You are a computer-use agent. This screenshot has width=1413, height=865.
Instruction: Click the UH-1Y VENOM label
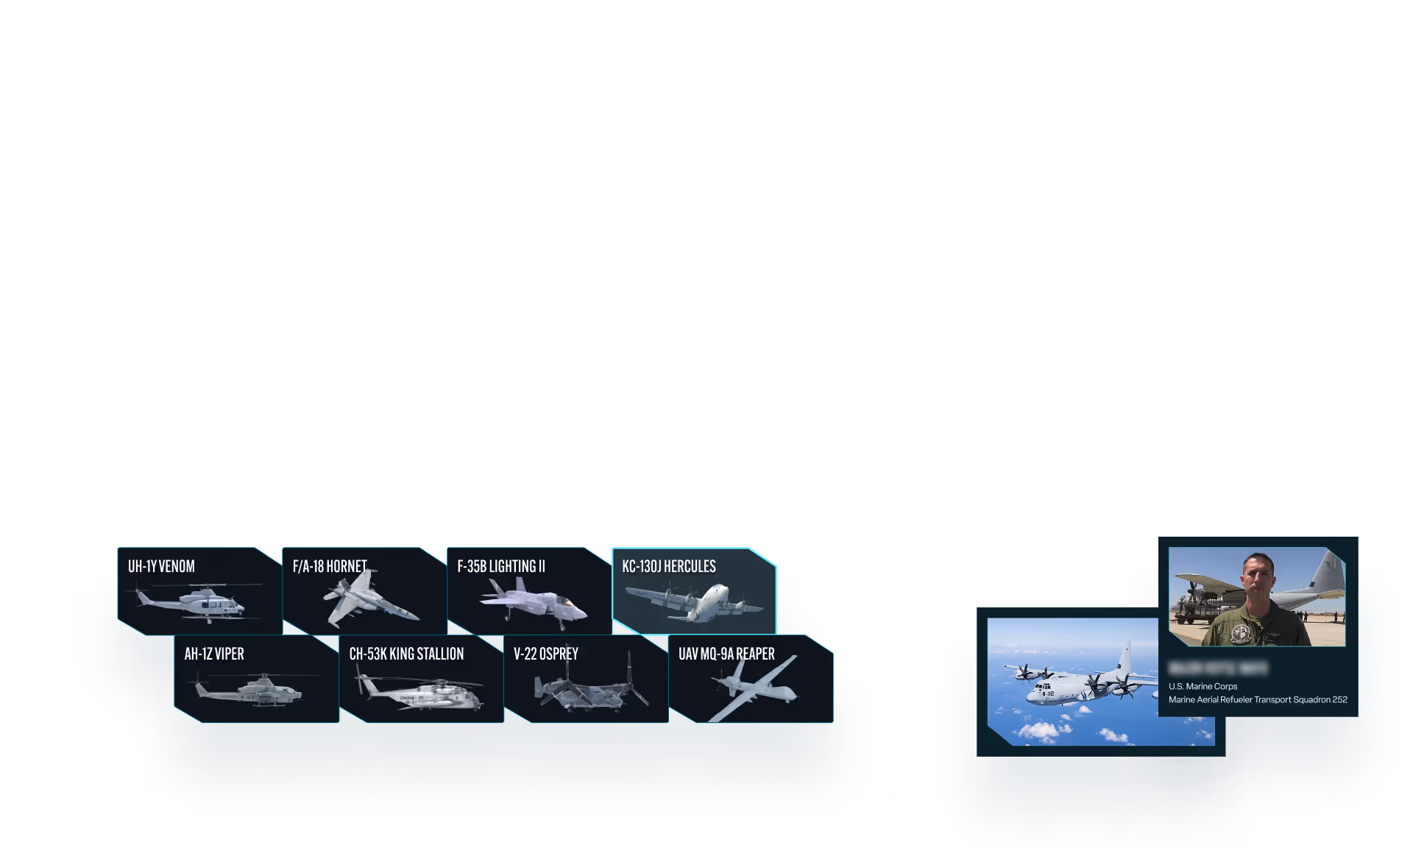point(161,566)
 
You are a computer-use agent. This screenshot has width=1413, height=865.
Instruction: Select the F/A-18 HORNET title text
point(330,566)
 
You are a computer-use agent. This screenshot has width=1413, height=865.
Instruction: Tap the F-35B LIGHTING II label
point(501,566)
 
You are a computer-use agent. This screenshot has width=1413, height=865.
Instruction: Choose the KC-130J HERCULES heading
point(668,566)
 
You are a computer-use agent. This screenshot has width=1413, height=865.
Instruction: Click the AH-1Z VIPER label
point(214,654)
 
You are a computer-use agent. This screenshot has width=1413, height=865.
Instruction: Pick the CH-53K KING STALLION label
point(406,654)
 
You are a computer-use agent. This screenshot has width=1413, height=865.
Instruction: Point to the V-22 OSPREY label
point(546,654)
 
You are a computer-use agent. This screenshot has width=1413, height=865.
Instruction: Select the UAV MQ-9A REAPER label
point(726,654)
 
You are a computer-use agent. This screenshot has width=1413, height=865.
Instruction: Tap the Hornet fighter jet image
point(368,600)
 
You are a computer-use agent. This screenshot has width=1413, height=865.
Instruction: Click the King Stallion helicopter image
point(419,693)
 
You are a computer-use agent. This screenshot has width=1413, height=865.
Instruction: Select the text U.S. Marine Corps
point(1203,686)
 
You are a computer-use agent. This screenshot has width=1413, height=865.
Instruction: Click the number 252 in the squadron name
point(1339,699)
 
